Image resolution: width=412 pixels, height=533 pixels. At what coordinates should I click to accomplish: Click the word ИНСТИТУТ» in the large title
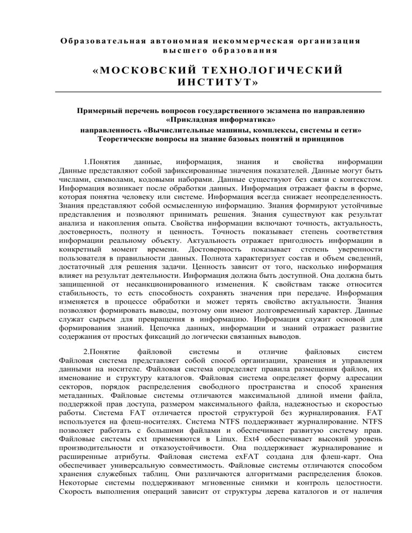206,84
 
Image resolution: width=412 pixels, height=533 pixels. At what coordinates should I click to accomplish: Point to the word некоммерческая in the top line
222,40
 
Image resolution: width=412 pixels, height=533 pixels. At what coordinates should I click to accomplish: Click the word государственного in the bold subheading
225,112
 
